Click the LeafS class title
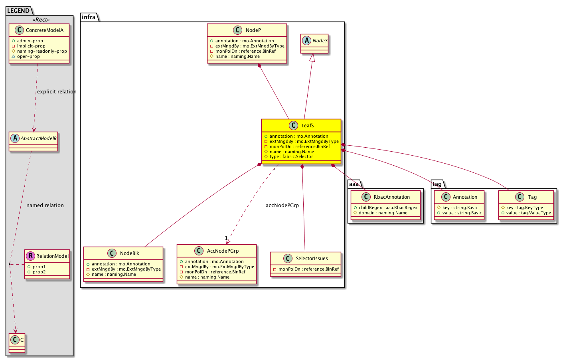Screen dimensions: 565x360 pyautogui.click(x=308, y=126)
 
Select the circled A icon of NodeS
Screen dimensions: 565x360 pyautogui.click(x=306, y=40)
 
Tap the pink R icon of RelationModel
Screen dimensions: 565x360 pyautogui.click(x=30, y=256)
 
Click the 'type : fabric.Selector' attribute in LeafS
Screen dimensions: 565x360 pyautogui.click(x=291, y=157)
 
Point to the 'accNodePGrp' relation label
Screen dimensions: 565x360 pyautogui.click(x=282, y=206)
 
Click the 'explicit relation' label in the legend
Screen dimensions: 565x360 pyautogui.click(x=57, y=91)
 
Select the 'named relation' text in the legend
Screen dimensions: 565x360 pyautogui.click(x=45, y=206)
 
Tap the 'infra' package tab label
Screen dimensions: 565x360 pyautogui.click(x=89, y=17)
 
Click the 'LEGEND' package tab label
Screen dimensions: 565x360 pyautogui.click(x=18, y=11)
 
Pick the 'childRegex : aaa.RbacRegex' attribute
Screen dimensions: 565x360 pyautogui.click(x=388, y=208)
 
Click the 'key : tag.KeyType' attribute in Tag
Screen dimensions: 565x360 pyautogui.click(x=524, y=208)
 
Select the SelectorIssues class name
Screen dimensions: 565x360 pyautogui.click(x=312, y=259)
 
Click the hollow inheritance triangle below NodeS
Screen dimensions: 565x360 pyautogui.click(x=312, y=57)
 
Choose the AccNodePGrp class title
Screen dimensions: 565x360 pyautogui.click(x=223, y=251)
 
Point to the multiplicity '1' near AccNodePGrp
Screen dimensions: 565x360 pyautogui.click(x=226, y=238)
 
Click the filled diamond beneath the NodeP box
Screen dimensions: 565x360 pyautogui.click(x=259, y=65)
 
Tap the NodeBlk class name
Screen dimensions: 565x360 pyautogui.click(x=130, y=253)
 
